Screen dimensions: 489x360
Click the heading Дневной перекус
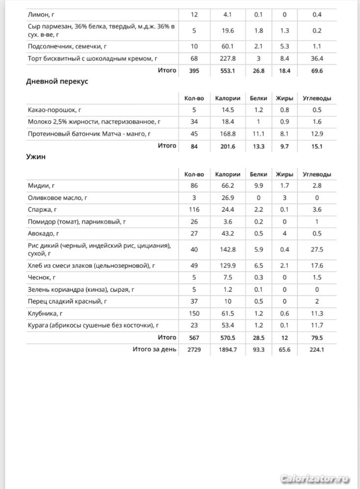tap(57, 81)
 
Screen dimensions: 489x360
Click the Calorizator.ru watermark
tap(316, 479)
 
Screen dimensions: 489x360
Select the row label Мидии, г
tap(42, 186)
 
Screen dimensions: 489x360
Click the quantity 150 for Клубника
tap(194, 313)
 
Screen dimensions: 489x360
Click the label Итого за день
tap(154, 349)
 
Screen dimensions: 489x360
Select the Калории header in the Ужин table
tap(228, 174)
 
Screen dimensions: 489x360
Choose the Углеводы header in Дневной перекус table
tap(317, 98)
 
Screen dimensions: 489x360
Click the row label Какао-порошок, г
tap(54, 110)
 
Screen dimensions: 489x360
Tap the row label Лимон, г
tap(41, 15)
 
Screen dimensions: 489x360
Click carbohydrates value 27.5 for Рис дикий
tap(317, 250)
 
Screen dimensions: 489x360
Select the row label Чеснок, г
tap(42, 278)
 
